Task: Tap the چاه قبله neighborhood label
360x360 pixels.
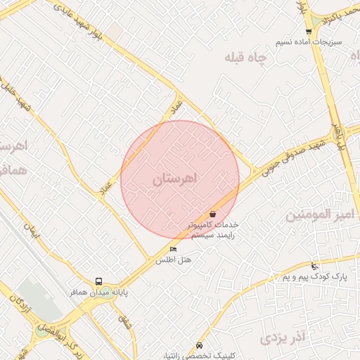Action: pyautogui.click(x=247, y=59)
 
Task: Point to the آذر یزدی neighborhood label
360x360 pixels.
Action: pyautogui.click(x=284, y=339)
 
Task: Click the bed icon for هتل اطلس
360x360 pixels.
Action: pyautogui.click(x=174, y=250)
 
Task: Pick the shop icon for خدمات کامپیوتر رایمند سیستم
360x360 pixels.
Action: pyautogui.click(x=213, y=214)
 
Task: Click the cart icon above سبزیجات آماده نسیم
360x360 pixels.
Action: pyautogui.click(x=309, y=31)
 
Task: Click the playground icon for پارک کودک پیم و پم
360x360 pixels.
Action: pyautogui.click(x=314, y=266)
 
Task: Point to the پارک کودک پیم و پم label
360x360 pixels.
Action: pyautogui.click(x=316, y=278)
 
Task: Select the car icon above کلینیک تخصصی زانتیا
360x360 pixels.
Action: pyautogui.click(x=200, y=345)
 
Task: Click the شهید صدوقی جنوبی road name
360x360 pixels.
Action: pyautogui.click(x=290, y=152)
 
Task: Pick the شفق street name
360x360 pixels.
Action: pyautogui.click(x=125, y=323)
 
